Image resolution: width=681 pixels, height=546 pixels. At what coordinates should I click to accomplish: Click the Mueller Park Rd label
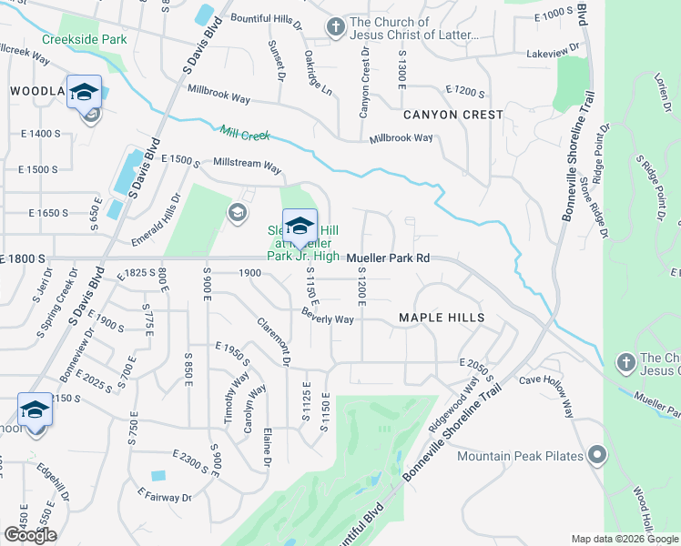click(387, 258)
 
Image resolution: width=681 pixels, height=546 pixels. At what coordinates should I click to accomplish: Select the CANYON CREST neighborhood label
click(453, 115)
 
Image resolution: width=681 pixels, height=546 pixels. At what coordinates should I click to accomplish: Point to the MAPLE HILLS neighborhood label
click(442, 318)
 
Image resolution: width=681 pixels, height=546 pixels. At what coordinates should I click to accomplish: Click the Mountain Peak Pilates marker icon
click(596, 454)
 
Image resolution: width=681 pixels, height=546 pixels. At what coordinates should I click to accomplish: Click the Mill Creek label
click(246, 133)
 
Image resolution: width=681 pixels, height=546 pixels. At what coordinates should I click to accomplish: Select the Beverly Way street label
click(328, 318)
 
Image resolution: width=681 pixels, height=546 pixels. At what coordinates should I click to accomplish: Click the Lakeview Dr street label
click(553, 54)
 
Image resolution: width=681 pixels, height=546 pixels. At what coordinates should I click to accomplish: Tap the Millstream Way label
click(247, 166)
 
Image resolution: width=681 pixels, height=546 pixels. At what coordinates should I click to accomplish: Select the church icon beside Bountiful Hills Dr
click(337, 28)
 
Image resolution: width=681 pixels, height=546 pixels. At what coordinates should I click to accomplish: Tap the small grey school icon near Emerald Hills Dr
click(237, 213)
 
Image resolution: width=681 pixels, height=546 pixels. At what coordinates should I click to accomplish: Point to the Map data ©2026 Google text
click(625, 539)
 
